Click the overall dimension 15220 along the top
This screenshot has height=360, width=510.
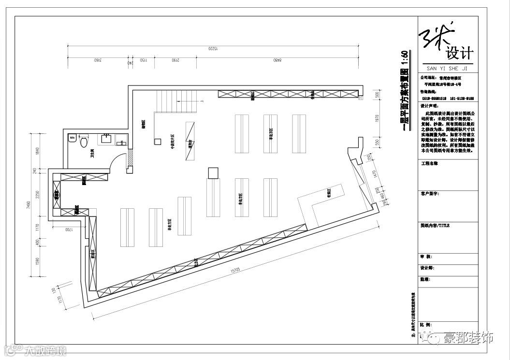(214, 49)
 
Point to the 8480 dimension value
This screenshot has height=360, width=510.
(277, 61)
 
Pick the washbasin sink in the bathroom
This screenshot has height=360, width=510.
(107, 140)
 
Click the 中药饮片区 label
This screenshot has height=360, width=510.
(172, 143)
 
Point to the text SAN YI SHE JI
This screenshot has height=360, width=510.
(448, 68)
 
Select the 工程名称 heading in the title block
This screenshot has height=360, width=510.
(429, 164)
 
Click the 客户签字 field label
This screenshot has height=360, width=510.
(430, 193)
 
